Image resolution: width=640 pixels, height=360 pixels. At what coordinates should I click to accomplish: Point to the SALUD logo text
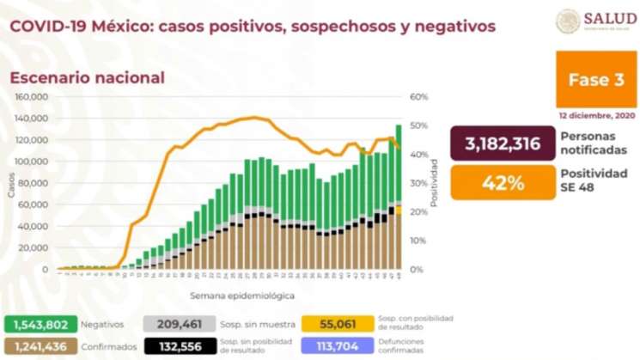click(x=610, y=18)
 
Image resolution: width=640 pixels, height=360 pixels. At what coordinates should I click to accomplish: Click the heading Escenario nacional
click(x=87, y=77)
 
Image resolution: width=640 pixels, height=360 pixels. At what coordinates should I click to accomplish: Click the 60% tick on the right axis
click(x=418, y=97)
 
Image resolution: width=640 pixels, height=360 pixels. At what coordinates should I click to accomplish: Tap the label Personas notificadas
click(x=590, y=143)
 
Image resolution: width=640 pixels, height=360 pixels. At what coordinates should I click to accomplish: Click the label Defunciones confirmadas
click(x=414, y=346)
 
